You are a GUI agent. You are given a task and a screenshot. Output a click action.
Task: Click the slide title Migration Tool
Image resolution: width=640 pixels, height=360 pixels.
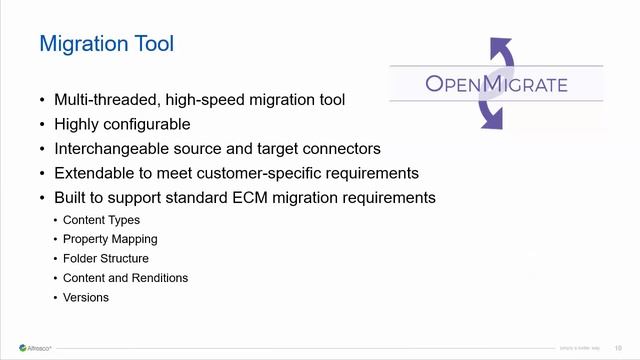click(106, 44)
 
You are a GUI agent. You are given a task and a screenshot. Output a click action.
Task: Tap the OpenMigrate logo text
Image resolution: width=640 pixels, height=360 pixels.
click(496, 83)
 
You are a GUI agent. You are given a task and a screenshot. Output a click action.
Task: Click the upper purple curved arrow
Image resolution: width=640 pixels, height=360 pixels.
click(500, 49)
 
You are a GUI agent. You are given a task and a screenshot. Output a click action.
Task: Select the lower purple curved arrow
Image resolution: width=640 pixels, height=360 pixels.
click(492, 116)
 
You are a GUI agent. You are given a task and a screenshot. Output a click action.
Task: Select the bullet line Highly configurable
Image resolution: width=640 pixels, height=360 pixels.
click(122, 124)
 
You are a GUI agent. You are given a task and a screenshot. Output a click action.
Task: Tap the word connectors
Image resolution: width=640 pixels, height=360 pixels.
click(343, 149)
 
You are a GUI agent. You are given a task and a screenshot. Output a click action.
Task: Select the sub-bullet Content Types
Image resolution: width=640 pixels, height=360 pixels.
click(101, 220)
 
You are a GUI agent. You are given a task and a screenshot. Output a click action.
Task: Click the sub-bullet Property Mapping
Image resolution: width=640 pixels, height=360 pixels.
click(110, 239)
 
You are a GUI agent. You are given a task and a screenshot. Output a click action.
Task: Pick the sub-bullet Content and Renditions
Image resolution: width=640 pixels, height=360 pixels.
click(125, 278)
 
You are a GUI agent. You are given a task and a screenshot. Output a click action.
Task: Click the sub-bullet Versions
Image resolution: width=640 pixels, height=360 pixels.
click(86, 297)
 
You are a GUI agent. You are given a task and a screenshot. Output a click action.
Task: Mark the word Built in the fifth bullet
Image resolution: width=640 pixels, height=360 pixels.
click(72, 197)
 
